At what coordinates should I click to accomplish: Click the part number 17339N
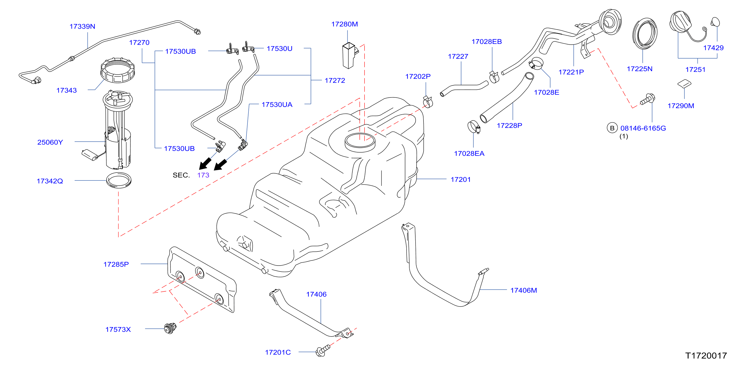[x=82, y=27]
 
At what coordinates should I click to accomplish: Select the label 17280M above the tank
[x=345, y=24]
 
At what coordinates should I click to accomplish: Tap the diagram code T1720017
[x=706, y=356]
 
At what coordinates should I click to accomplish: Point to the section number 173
[x=203, y=175]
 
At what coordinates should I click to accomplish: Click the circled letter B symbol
[x=612, y=128]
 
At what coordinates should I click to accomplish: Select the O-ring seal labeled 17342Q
[x=119, y=180]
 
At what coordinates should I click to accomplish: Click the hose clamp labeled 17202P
[x=428, y=101]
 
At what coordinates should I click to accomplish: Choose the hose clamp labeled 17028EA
[x=474, y=127]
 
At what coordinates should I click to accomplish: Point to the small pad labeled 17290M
[x=684, y=83]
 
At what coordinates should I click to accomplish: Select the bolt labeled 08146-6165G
[x=647, y=99]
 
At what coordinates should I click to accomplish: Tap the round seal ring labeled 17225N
[x=645, y=33]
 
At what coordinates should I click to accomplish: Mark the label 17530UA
[x=277, y=104]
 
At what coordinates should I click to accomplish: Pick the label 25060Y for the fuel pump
[x=50, y=142]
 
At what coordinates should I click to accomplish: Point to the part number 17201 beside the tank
[x=460, y=179]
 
